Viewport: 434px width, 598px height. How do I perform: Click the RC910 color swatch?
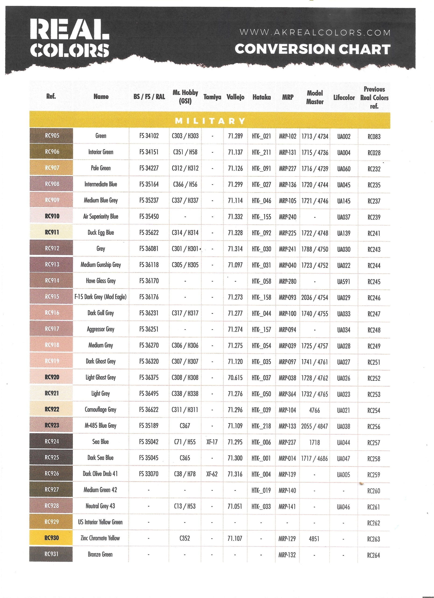(x=51, y=216)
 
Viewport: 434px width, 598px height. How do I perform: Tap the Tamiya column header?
(x=212, y=97)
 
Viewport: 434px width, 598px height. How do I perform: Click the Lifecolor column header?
(x=344, y=98)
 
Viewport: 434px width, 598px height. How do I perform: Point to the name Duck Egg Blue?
(x=101, y=233)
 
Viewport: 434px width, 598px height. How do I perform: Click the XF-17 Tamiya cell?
(x=212, y=442)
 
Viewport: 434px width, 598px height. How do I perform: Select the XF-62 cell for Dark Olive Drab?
(x=212, y=474)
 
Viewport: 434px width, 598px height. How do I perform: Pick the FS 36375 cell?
(x=149, y=377)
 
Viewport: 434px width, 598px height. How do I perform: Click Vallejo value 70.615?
(x=235, y=378)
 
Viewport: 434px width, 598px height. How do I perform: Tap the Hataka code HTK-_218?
(x=261, y=426)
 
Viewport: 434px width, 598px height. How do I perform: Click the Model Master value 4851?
(x=314, y=539)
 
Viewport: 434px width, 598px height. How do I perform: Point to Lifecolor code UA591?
(x=344, y=282)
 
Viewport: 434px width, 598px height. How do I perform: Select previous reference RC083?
(x=374, y=137)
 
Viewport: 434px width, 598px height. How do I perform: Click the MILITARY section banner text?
(x=210, y=121)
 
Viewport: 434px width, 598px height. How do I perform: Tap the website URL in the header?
(x=315, y=33)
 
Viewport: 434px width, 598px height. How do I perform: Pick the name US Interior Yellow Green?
(x=100, y=522)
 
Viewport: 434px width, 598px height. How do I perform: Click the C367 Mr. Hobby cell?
(x=185, y=426)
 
